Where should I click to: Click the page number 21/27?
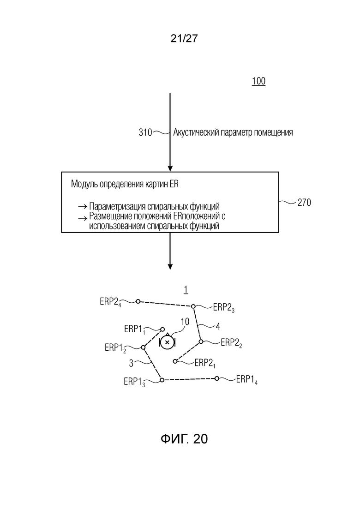point(184,38)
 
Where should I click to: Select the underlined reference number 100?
point(259,81)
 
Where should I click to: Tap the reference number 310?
point(145,132)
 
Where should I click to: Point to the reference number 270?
point(304,203)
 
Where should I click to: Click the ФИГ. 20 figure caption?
point(184,439)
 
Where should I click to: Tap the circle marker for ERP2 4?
point(138,301)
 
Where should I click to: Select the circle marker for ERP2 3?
point(193,306)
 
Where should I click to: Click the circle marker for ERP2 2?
point(201,341)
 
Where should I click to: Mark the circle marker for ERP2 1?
point(175,361)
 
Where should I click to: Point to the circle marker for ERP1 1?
point(162,329)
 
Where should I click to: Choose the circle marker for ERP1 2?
point(143,347)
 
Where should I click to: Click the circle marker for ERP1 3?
point(162,380)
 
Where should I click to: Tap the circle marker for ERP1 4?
point(217,378)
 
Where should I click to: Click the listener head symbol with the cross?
point(168,342)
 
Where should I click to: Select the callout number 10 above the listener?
point(185,322)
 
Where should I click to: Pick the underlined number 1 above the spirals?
point(186,289)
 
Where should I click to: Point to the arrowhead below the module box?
point(170,267)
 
